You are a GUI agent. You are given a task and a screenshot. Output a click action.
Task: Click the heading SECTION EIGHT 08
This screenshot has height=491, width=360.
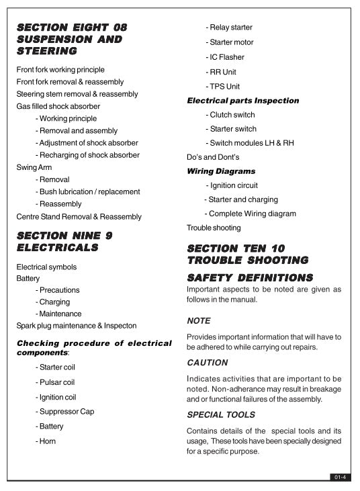pos(72,28)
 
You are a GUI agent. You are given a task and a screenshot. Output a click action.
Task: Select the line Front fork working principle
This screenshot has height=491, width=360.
pos(60,69)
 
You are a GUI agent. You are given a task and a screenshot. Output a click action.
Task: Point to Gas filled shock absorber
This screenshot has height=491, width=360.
pos(58,106)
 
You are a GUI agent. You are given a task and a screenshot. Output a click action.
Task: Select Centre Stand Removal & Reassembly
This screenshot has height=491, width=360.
pos(79,217)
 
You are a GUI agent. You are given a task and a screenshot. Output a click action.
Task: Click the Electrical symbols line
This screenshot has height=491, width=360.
pos(46,267)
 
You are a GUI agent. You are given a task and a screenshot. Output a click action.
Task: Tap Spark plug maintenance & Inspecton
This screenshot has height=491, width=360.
pos(77,326)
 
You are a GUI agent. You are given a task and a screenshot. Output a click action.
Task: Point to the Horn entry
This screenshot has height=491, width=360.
pos(46,441)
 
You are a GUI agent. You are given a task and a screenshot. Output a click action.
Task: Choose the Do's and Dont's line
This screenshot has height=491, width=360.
pos(213,157)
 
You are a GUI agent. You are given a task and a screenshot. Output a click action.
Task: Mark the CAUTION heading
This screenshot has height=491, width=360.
pos(207,363)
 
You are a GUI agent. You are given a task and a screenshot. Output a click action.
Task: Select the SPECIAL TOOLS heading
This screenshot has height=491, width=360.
pos(221,415)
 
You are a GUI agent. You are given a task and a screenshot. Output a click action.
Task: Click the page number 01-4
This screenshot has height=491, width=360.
pos(339,477)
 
